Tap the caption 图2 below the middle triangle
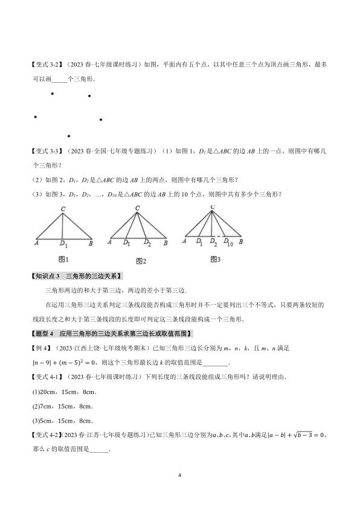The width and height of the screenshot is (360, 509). tap(141, 261)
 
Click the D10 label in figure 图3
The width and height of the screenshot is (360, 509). tap(229, 243)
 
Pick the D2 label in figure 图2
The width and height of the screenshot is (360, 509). tap(147, 243)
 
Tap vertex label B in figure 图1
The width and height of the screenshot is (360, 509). tap(90, 242)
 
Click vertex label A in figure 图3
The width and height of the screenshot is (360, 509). tap(184, 241)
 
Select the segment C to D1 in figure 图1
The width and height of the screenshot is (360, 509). tap(63, 225)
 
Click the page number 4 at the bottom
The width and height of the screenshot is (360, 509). tap(180, 475)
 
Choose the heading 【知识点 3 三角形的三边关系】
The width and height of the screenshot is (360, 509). tap(77, 276)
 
